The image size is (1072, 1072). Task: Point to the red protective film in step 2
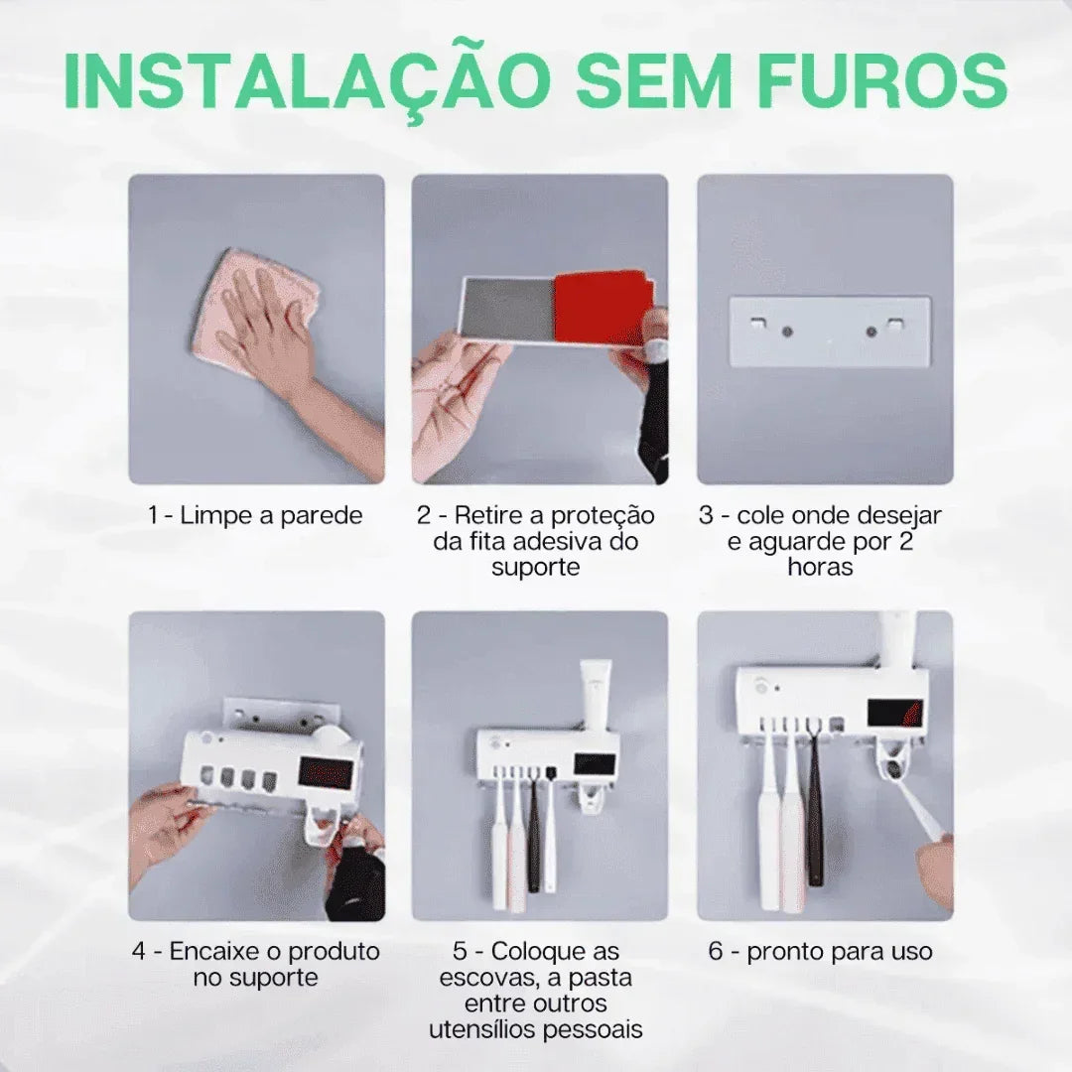(602, 307)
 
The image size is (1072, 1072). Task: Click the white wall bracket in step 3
(830, 332)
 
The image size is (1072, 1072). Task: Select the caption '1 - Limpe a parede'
(255, 515)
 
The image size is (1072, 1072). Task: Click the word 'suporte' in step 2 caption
(536, 567)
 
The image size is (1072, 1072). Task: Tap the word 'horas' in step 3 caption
(820, 567)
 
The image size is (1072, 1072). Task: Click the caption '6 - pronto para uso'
(820, 951)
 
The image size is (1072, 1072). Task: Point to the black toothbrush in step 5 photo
(534, 829)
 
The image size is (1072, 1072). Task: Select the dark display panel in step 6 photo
(894, 711)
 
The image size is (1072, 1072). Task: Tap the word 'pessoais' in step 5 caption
(600, 1028)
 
